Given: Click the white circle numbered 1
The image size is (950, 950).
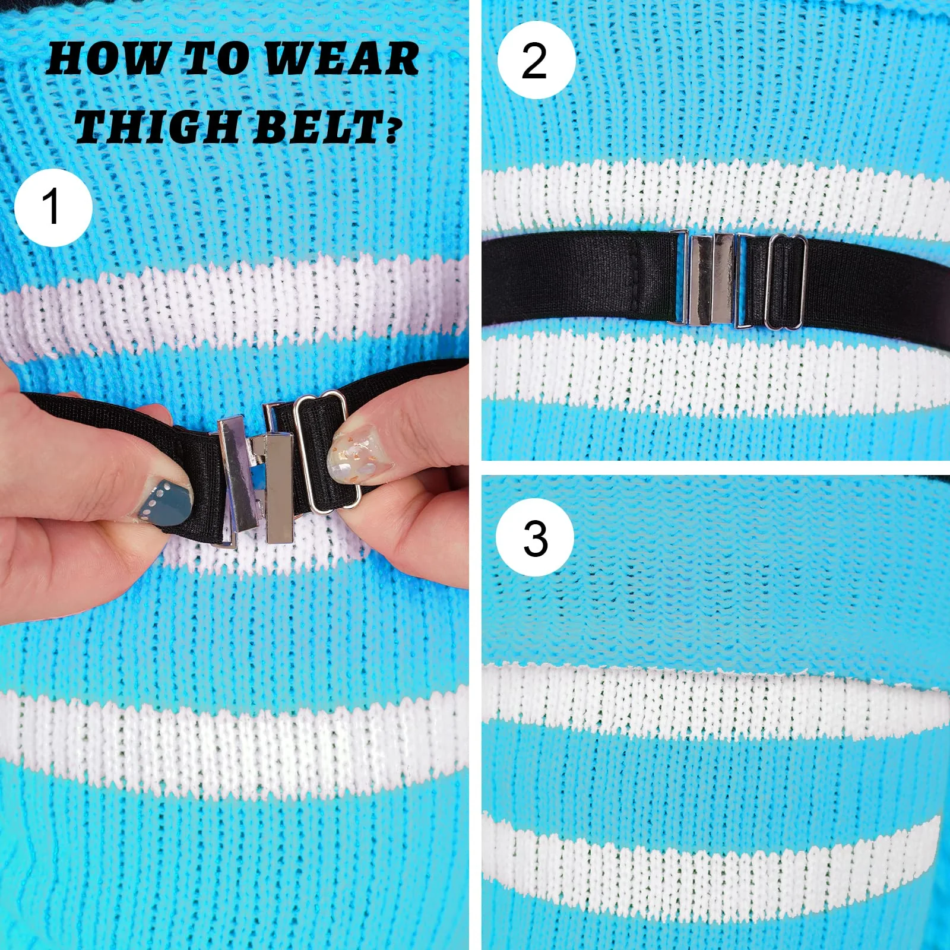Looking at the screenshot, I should (53, 207).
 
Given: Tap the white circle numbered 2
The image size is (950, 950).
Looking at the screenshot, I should (536, 60).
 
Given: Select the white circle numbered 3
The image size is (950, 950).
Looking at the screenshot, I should (535, 537).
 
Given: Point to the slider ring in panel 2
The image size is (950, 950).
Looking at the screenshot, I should (786, 281).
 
